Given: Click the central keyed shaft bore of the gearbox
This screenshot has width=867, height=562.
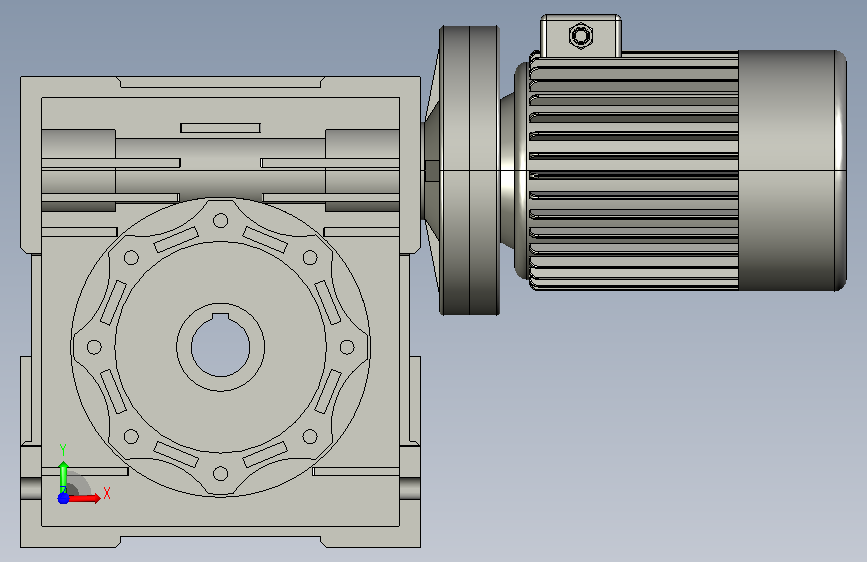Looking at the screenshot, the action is pyautogui.click(x=221, y=347).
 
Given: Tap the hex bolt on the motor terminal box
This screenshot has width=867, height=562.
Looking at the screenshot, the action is pyautogui.click(x=581, y=37).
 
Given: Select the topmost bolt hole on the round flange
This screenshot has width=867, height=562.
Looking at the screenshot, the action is pyautogui.click(x=221, y=221).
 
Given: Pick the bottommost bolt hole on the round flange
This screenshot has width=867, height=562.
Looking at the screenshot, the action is pyautogui.click(x=221, y=473).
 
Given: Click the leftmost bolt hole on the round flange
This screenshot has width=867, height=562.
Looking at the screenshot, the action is pyautogui.click(x=95, y=347).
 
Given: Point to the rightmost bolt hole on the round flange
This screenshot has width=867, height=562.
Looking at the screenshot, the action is pyautogui.click(x=347, y=347).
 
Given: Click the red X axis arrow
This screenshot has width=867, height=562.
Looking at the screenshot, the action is pyautogui.click(x=82, y=498).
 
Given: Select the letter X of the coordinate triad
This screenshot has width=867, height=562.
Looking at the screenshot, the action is pyautogui.click(x=107, y=493).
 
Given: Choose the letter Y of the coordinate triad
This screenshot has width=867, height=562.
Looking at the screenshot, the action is pyautogui.click(x=63, y=450).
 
